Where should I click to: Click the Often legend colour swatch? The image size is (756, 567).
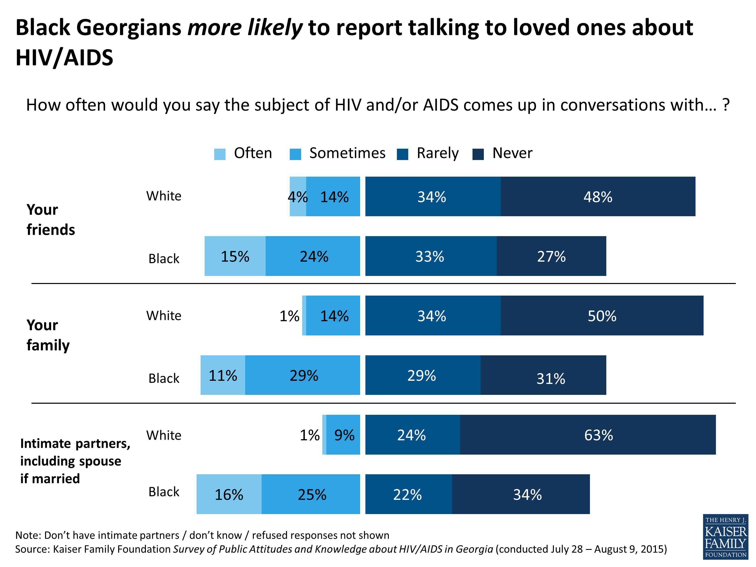pyautogui.click(x=220, y=154)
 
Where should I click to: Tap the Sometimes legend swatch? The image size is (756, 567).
pyautogui.click(x=295, y=154)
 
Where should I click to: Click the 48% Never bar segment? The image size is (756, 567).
pyautogui.click(x=598, y=197)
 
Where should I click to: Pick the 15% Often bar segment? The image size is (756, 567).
pyautogui.click(x=235, y=256)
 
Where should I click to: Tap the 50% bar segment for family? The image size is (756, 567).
pyautogui.click(x=602, y=316)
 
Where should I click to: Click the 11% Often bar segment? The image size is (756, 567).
pyautogui.click(x=223, y=375)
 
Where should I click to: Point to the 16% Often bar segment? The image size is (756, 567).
pyautogui.click(x=229, y=494)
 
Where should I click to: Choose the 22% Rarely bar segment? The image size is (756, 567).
pyautogui.click(x=408, y=494)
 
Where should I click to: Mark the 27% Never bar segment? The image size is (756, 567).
pyautogui.click(x=551, y=256)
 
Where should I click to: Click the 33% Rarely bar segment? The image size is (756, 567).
pyautogui.click(x=431, y=256)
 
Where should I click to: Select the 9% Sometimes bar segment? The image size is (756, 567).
pyautogui.click(x=343, y=435)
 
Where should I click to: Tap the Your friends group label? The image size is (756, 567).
pyautogui.click(x=51, y=219)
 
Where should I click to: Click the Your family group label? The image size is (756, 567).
pyautogui.click(x=48, y=335)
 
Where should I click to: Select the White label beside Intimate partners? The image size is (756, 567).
pyautogui.click(x=164, y=435)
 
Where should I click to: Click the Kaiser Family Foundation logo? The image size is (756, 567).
pyautogui.click(x=725, y=537)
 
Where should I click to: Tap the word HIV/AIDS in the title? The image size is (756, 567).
pyautogui.click(x=64, y=57)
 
